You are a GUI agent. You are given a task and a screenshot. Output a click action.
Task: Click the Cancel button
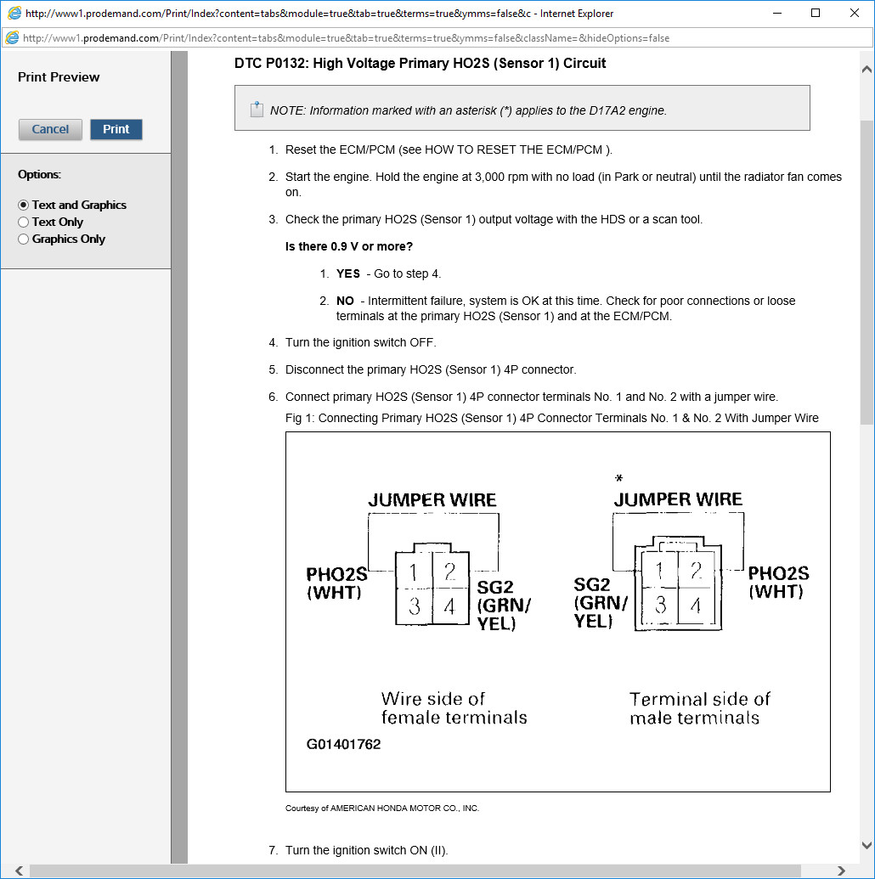(50, 129)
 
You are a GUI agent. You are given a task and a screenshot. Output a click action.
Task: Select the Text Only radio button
(24, 223)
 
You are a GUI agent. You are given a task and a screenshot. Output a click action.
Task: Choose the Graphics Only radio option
(24, 239)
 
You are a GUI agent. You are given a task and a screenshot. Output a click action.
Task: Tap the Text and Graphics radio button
(24, 206)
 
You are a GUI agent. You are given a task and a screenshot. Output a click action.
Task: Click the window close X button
(855, 13)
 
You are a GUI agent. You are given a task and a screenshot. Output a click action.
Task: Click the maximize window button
(816, 13)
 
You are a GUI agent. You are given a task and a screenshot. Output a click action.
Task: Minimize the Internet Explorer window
(776, 13)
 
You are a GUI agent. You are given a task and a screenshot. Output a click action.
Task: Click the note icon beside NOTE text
(257, 110)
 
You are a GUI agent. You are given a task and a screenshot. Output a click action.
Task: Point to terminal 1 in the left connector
(414, 573)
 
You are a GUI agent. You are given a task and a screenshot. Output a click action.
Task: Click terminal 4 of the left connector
(449, 606)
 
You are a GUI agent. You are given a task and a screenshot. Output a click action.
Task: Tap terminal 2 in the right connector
(696, 571)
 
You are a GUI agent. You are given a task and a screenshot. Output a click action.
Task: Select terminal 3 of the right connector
(661, 605)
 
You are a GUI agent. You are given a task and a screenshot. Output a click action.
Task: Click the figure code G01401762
(344, 745)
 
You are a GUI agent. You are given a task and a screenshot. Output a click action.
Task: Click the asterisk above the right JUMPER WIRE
(618, 479)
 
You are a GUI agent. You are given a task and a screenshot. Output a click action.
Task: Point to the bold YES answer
(348, 274)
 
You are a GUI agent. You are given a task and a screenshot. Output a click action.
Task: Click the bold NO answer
(345, 301)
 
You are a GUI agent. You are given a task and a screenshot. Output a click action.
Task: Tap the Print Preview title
(59, 77)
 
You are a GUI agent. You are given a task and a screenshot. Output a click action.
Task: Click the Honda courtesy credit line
(382, 809)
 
